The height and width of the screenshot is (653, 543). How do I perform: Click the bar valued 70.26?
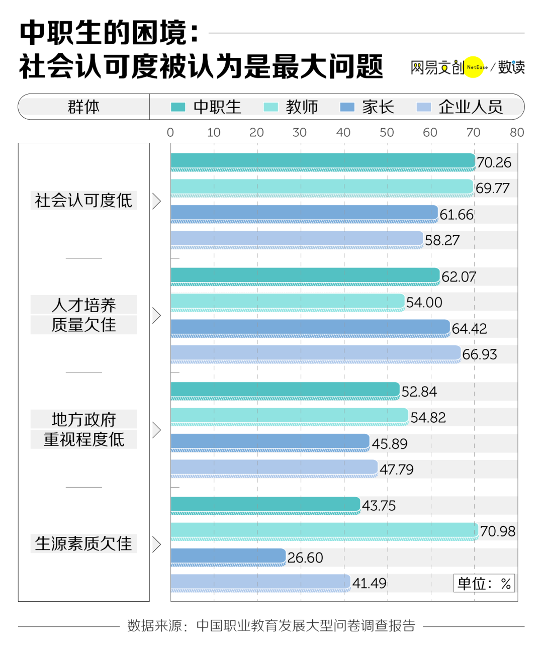pyautogui.click(x=322, y=161)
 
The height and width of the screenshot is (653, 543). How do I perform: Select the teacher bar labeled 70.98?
pyautogui.click(x=324, y=530)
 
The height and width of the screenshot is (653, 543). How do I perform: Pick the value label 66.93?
pyautogui.click(x=479, y=354)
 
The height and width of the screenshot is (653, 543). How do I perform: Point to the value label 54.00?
pyautogui.click(x=424, y=303)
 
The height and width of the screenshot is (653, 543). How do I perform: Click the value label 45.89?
pyautogui.click(x=389, y=444)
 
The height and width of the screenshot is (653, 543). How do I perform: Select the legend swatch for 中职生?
pyautogui.click(x=178, y=107)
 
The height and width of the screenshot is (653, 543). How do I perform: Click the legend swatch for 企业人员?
pyautogui.click(x=423, y=107)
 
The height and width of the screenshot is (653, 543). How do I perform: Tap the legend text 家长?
pyautogui.click(x=378, y=107)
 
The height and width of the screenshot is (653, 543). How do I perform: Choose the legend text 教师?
pyautogui.click(x=302, y=107)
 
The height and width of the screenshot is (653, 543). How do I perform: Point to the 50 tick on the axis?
pyautogui.click(x=386, y=132)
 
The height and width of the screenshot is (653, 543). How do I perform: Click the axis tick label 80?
pyautogui.click(x=516, y=132)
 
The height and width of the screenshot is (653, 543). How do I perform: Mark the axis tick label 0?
pyautogui.click(x=170, y=132)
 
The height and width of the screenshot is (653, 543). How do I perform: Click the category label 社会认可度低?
pyautogui.click(x=83, y=201)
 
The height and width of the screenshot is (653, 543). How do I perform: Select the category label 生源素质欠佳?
pyautogui.click(x=83, y=543)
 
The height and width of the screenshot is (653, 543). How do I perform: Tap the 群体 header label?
pyautogui.click(x=83, y=107)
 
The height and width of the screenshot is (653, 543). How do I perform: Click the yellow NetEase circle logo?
pyautogui.click(x=474, y=67)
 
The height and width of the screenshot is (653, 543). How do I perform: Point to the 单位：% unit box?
pyautogui.click(x=484, y=583)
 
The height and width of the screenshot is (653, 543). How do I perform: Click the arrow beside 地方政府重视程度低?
pyautogui.click(x=156, y=430)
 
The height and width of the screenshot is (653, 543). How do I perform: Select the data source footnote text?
pyautogui.click(x=271, y=625)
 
